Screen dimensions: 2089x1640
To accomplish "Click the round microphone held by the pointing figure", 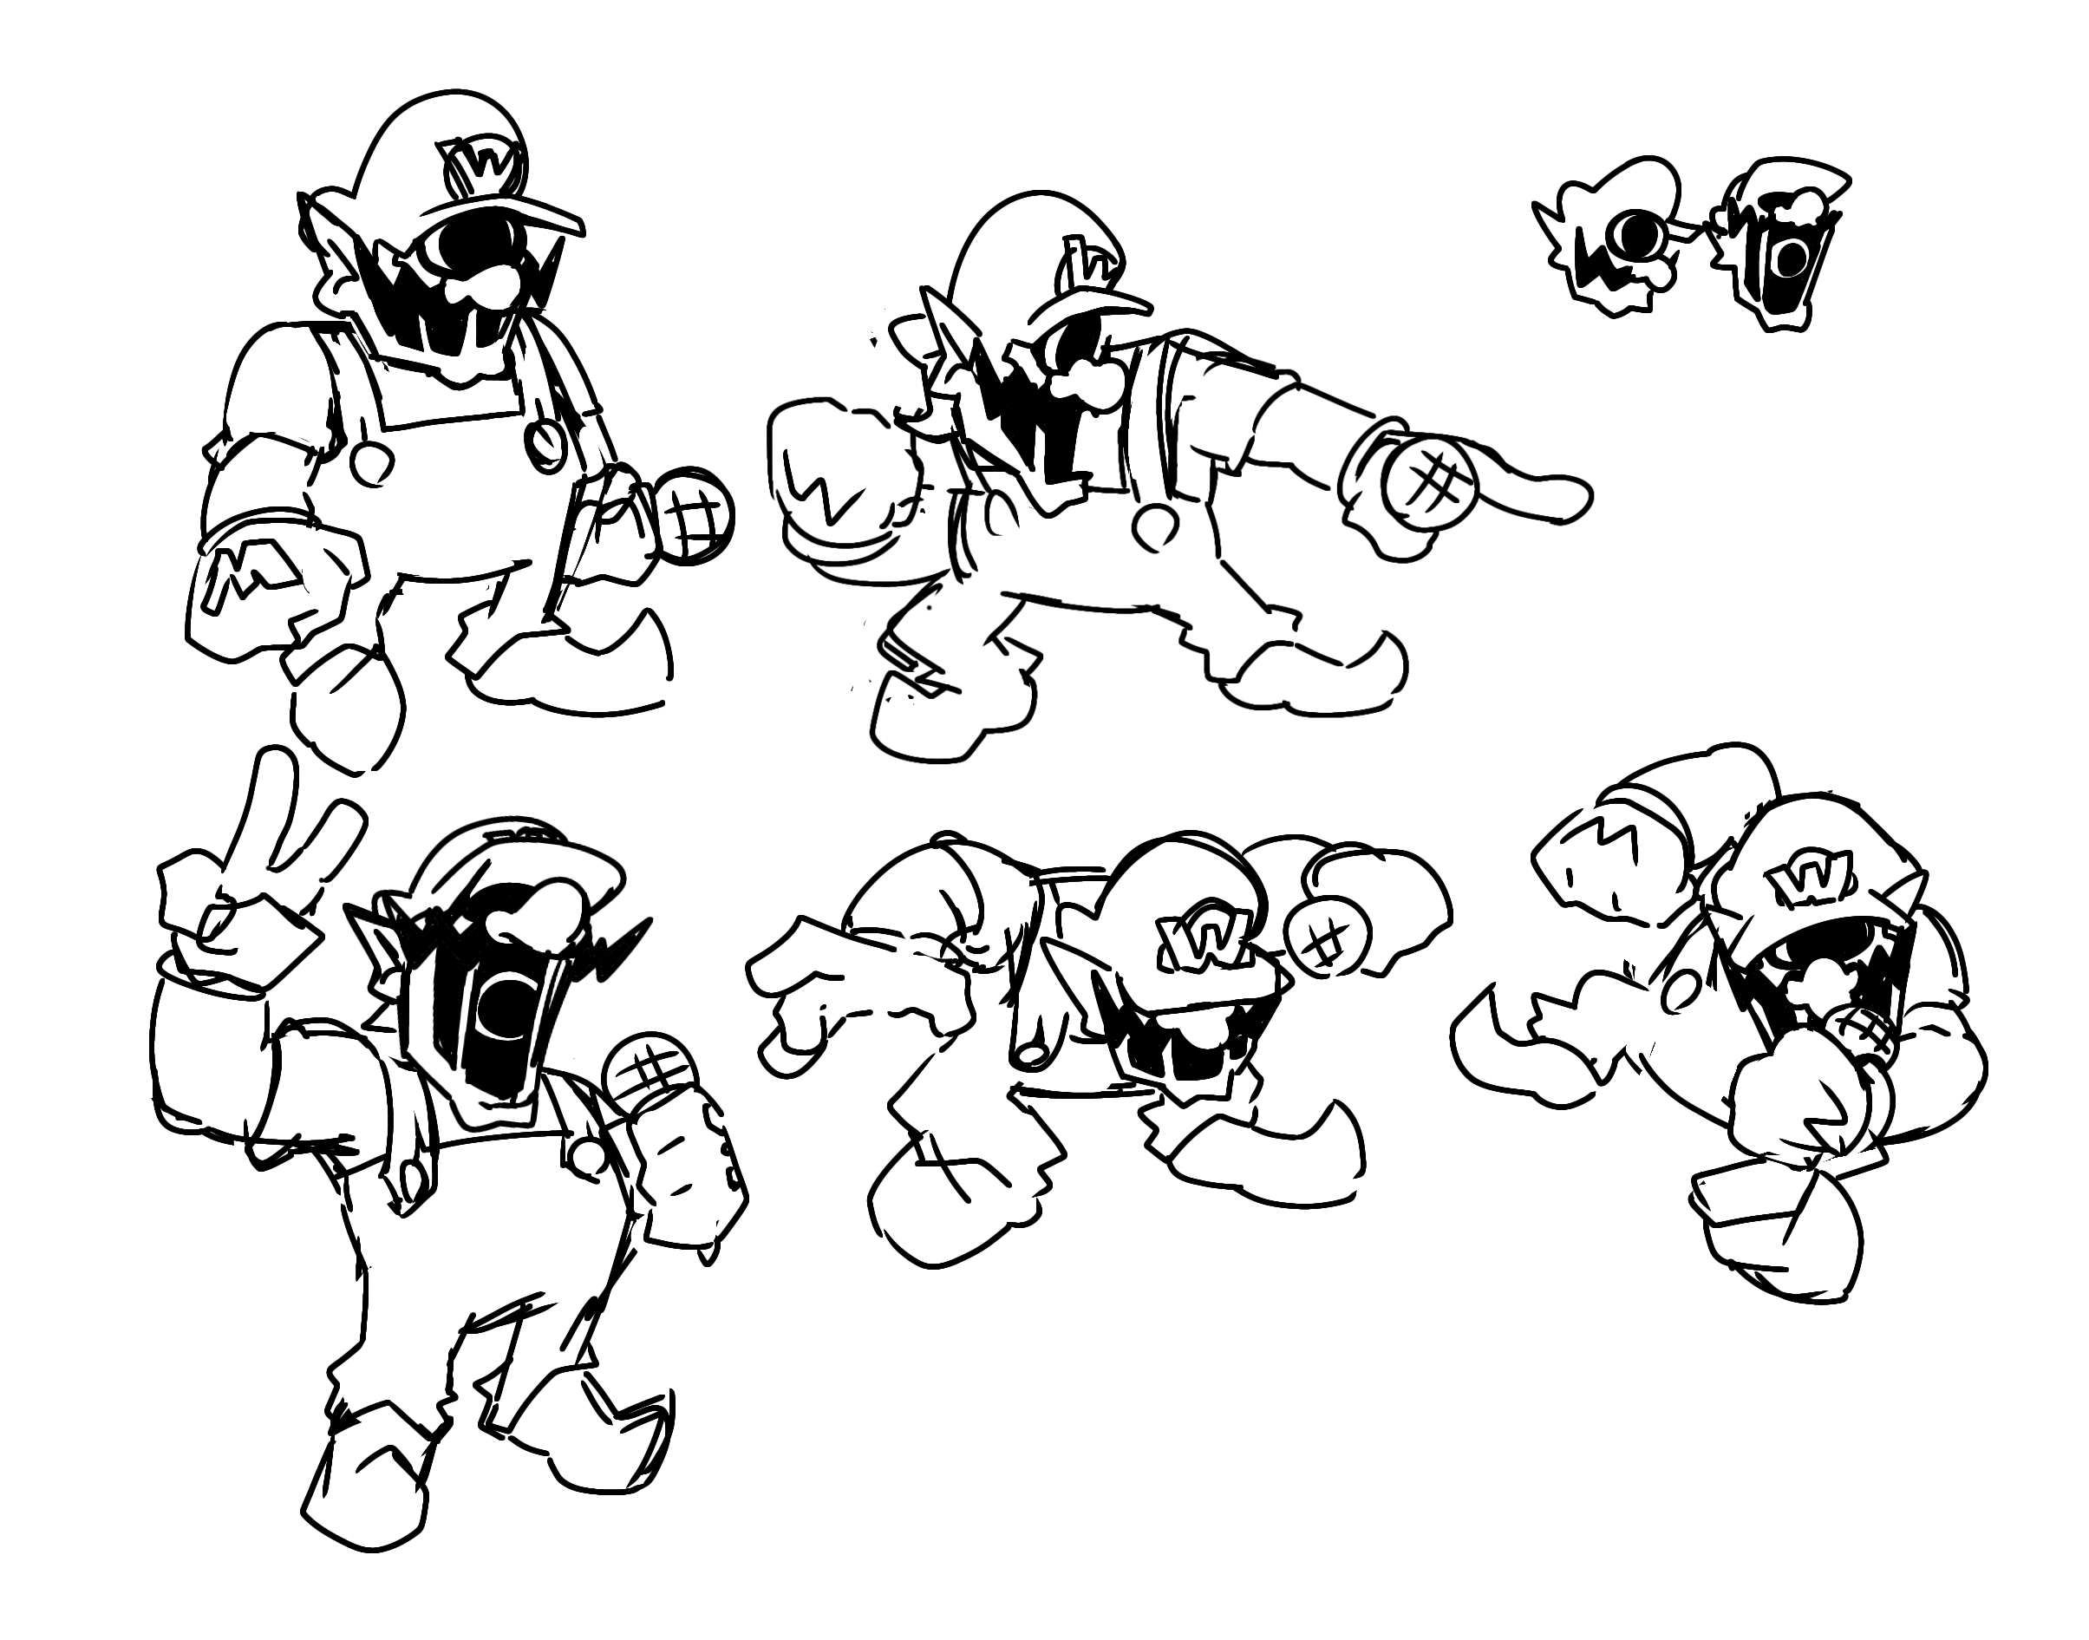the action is pyautogui.click(x=1428, y=480).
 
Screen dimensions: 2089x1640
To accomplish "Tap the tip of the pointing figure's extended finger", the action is pyautogui.click(x=1584, y=500).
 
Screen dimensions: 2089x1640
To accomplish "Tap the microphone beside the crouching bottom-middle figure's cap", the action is pyautogui.click(x=1325, y=940).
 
